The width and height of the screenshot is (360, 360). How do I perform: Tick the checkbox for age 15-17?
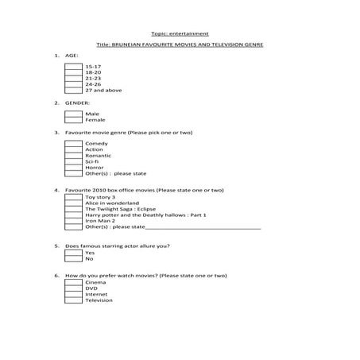(73, 66)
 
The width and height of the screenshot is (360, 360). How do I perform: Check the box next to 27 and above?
(73, 90)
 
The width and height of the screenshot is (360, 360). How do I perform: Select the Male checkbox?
(73, 114)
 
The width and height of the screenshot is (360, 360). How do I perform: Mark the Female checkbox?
(73, 120)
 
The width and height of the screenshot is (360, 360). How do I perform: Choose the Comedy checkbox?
(73, 143)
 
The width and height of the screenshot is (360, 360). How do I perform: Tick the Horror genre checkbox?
(73, 167)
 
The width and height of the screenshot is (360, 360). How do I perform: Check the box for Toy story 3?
(73, 196)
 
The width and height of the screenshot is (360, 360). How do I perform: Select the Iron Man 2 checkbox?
(73, 220)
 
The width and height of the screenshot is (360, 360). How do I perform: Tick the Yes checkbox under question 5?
(73, 252)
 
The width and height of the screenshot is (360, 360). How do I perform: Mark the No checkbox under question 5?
(73, 258)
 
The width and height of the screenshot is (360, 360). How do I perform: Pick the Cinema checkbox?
(73, 282)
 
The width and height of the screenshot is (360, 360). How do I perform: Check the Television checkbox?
(73, 300)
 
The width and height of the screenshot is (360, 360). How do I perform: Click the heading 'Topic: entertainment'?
(180, 33)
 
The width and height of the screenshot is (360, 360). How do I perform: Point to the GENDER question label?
(77, 103)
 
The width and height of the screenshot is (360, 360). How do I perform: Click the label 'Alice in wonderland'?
(112, 203)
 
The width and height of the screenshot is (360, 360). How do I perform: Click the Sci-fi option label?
(92, 161)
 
